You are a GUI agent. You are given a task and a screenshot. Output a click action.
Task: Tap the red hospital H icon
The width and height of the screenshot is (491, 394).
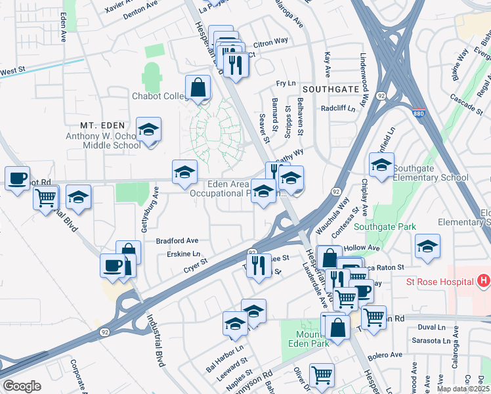[x=484, y=282]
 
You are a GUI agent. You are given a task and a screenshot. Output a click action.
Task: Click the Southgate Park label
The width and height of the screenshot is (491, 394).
[x=385, y=227]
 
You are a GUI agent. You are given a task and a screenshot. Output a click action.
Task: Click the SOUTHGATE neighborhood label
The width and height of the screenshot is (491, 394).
[x=331, y=88]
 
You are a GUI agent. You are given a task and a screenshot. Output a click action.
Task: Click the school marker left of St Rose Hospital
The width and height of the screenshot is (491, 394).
[x=427, y=246]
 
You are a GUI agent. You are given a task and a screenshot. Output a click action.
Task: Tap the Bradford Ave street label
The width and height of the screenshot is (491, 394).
[x=177, y=241]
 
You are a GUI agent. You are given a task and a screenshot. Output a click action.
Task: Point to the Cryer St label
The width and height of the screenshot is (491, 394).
[x=195, y=265]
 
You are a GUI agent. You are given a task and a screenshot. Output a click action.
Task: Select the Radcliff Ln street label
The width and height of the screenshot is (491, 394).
[x=337, y=108]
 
